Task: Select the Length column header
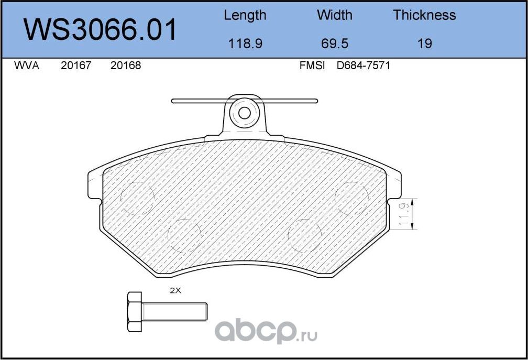pyautogui.click(x=245, y=15)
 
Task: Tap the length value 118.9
pyautogui.click(x=245, y=43)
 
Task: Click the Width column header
pyautogui.click(x=334, y=15)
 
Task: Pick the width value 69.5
pyautogui.click(x=334, y=43)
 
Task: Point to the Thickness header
pyautogui.click(x=424, y=15)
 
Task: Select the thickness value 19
pyautogui.click(x=424, y=43)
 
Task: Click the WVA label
pyautogui.click(x=26, y=66)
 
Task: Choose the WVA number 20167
pyautogui.click(x=76, y=66)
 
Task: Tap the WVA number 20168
pyautogui.click(x=126, y=66)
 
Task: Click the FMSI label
pyautogui.click(x=312, y=66)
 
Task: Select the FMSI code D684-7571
pyautogui.click(x=364, y=66)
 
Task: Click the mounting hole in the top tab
pyautogui.click(x=244, y=113)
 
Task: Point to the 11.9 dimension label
pyautogui.click(x=404, y=214)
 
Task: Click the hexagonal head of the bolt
pyautogui.click(x=135, y=312)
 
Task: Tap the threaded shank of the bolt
pyautogui.click(x=175, y=312)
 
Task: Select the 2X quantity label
pyautogui.click(x=175, y=290)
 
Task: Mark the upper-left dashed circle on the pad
pyautogui.click(x=138, y=199)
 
